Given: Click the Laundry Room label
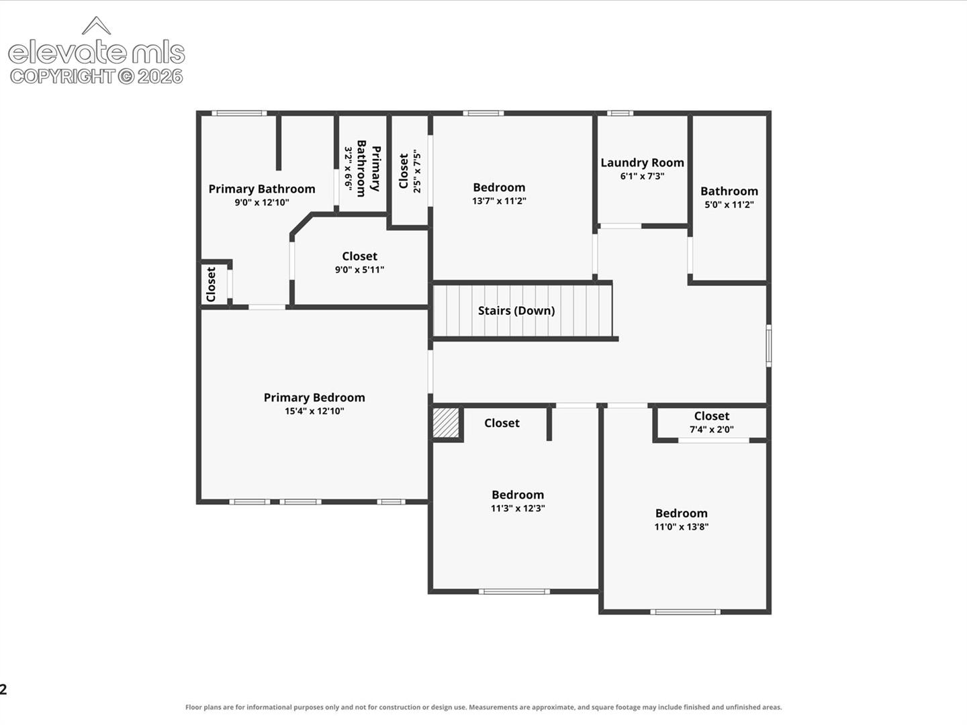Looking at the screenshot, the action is pyautogui.click(x=643, y=162).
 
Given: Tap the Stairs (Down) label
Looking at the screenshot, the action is pyautogui.click(x=516, y=311).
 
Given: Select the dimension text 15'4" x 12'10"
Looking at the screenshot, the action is pyautogui.click(x=314, y=411).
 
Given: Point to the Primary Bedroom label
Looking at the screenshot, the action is pyautogui.click(x=314, y=397).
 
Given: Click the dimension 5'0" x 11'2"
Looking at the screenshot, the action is pyautogui.click(x=729, y=205).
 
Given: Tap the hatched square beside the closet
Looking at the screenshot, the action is pyautogui.click(x=446, y=423).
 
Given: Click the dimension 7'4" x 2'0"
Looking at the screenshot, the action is pyautogui.click(x=711, y=429).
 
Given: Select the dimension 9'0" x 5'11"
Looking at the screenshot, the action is pyautogui.click(x=359, y=269).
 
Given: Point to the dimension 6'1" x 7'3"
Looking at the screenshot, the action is pyautogui.click(x=643, y=176).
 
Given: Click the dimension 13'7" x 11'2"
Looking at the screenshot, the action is pyautogui.click(x=499, y=201).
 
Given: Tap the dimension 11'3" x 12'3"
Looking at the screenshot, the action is pyautogui.click(x=518, y=508).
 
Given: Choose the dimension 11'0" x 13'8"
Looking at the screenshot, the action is pyautogui.click(x=681, y=526).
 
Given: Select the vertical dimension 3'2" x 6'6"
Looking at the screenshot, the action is pyautogui.click(x=348, y=168).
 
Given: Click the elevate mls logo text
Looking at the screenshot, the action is pyautogui.click(x=97, y=52).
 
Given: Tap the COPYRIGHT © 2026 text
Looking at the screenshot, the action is pyautogui.click(x=97, y=77).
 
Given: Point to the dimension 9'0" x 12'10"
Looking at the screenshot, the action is pyautogui.click(x=262, y=203).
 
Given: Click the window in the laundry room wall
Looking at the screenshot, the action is pyautogui.click(x=620, y=113).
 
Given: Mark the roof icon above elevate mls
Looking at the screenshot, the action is pyautogui.click(x=97, y=26).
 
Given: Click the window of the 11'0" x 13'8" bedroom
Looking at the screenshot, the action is pyautogui.click(x=685, y=612).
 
